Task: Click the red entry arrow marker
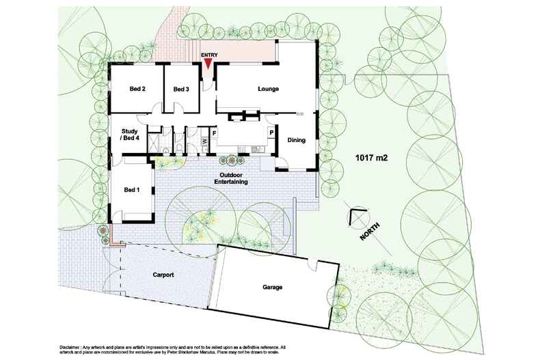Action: click(x=208, y=64)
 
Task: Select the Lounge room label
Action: click(x=268, y=89)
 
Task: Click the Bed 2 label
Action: click(x=137, y=89)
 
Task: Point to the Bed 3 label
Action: click(x=180, y=89)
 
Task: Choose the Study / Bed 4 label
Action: click(x=130, y=135)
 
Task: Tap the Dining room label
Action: click(x=296, y=141)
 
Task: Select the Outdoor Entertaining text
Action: click(x=230, y=179)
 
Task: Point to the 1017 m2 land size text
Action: click(x=372, y=158)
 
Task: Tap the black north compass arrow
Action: click(x=353, y=217)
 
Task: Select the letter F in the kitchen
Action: click(x=214, y=132)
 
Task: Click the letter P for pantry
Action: click(x=271, y=132)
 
